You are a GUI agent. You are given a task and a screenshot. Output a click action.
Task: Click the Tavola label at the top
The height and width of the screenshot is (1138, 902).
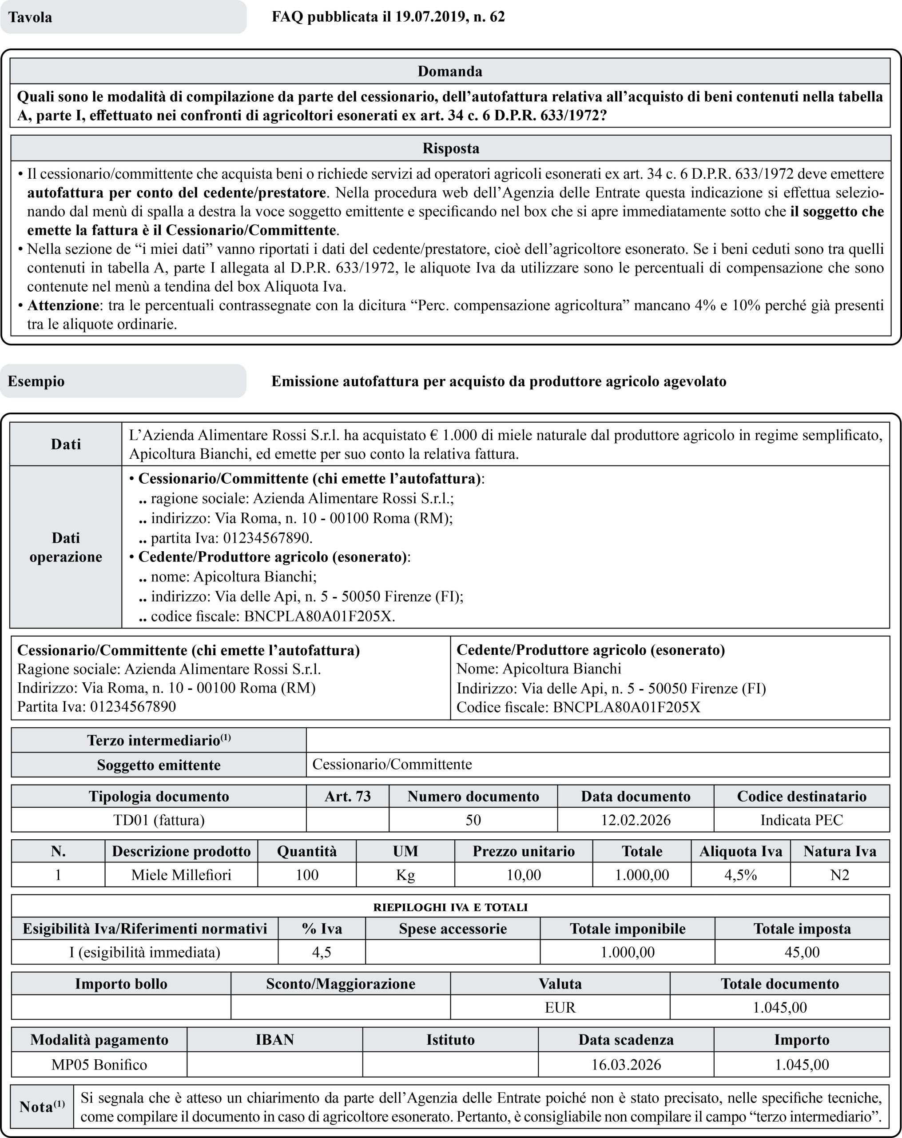click(30, 17)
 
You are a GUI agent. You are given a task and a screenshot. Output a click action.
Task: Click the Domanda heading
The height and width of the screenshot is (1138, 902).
click(450, 71)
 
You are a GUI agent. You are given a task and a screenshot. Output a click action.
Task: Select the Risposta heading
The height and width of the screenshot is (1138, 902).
click(450, 148)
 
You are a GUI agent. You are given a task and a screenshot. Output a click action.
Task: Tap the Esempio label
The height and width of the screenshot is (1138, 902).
click(36, 381)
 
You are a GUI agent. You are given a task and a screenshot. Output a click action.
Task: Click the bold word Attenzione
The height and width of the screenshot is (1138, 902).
click(63, 305)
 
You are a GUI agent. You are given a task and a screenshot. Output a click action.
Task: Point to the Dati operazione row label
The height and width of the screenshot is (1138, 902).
click(65, 547)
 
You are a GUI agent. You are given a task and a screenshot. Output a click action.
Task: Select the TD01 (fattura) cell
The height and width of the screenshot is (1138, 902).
click(159, 820)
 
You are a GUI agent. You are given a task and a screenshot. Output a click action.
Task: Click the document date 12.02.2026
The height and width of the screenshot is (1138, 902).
click(636, 820)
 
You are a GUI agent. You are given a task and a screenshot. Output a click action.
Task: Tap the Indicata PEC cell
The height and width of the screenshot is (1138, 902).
click(801, 820)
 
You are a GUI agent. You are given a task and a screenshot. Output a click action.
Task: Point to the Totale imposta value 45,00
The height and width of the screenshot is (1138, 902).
click(802, 952)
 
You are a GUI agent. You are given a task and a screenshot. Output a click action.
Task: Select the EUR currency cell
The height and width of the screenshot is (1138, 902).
click(560, 1007)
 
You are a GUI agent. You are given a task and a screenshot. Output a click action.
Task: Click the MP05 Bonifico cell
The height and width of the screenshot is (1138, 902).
click(99, 1065)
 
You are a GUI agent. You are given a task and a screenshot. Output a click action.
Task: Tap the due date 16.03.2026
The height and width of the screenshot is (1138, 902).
click(626, 1065)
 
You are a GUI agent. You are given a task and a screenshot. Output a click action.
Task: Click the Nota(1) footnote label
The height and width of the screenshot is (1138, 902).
click(42, 1106)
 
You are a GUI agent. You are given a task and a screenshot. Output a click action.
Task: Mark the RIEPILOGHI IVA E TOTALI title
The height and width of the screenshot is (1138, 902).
click(450, 907)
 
